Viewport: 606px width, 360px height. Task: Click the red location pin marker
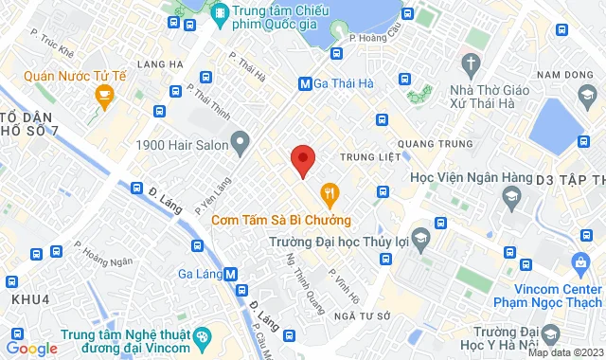(302, 160)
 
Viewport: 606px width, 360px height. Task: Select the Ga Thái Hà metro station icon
(306, 83)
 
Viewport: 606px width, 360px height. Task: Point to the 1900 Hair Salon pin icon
(241, 145)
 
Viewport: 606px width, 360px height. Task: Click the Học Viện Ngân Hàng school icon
(511, 197)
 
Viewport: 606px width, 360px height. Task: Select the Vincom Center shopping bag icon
(580, 261)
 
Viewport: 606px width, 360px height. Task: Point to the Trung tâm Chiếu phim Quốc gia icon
(220, 12)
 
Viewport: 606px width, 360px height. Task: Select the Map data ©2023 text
(565, 352)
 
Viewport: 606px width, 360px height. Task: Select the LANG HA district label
(158, 63)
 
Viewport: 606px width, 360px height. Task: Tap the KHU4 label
(29, 298)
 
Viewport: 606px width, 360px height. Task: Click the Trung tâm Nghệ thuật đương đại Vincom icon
(201, 337)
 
